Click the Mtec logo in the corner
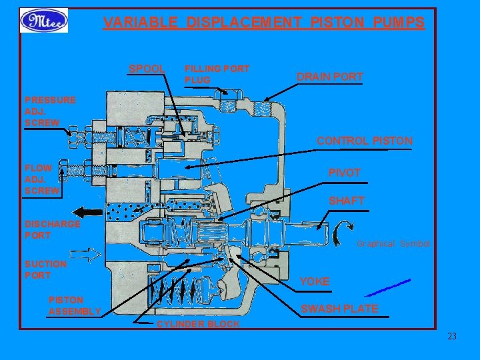point(43,21)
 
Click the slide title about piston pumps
point(263,23)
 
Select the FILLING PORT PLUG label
point(216,74)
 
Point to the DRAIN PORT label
point(329,77)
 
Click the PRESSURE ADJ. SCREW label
point(50,111)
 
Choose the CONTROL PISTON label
point(364,141)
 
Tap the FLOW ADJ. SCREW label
point(42,179)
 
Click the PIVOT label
point(344,173)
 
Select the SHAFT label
point(346,201)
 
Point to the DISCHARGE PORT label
point(52,229)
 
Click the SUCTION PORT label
point(45,269)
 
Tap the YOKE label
point(314,281)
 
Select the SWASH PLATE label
point(339,309)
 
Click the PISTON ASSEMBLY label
point(74,305)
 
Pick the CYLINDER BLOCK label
point(197,324)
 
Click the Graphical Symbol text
point(393,244)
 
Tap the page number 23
point(452,337)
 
